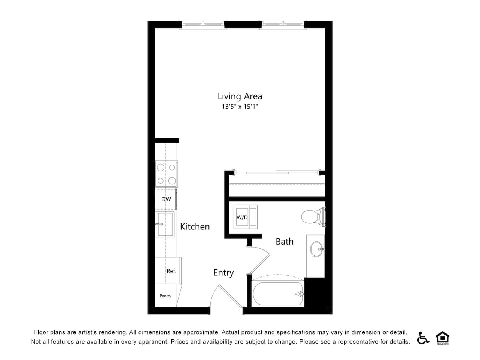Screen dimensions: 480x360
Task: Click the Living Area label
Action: [x=240, y=96]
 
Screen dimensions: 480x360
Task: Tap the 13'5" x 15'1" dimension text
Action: [x=240, y=106]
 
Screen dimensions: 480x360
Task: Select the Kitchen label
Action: [x=195, y=226]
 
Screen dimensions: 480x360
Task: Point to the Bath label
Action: [x=285, y=241]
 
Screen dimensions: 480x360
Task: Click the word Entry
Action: [x=223, y=273]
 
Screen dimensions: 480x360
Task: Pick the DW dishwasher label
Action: [x=166, y=199]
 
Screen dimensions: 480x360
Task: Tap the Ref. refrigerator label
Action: [x=171, y=271]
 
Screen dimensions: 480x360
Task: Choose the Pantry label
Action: [x=165, y=296]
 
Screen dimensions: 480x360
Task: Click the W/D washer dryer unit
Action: [x=246, y=217]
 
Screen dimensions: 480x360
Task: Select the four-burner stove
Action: [x=166, y=174]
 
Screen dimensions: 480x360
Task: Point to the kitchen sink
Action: [x=165, y=224]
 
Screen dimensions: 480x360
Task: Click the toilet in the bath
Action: [x=313, y=217]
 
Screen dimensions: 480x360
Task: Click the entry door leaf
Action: [x=231, y=296]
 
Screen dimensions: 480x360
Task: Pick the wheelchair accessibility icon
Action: [x=423, y=338]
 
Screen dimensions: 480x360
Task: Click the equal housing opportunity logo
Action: [x=442, y=338]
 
